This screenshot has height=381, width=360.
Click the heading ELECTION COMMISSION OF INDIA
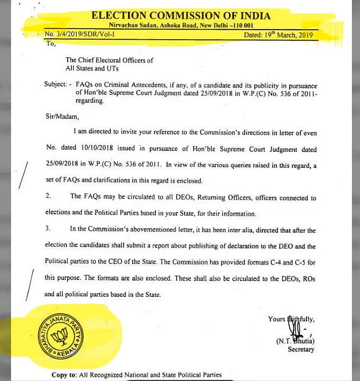[181, 15]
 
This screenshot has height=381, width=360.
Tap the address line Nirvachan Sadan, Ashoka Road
[181, 25]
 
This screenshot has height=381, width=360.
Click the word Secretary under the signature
[301, 349]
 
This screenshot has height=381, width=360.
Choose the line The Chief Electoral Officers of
[109, 60]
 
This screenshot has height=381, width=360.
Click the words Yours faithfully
[291, 319]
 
